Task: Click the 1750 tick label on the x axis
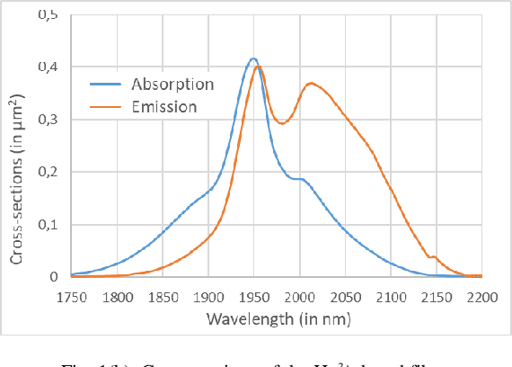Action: (x=72, y=295)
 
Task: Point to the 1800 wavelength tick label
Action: (x=117, y=295)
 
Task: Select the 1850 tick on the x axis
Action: (x=163, y=295)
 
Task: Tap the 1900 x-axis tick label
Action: (x=208, y=295)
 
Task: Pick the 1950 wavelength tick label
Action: (x=254, y=295)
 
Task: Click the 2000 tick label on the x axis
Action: (x=300, y=295)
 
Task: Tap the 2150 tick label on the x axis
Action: (x=437, y=295)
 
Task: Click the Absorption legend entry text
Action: (x=172, y=85)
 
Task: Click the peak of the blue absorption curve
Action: (x=254, y=59)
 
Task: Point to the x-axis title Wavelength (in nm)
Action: (x=276, y=318)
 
